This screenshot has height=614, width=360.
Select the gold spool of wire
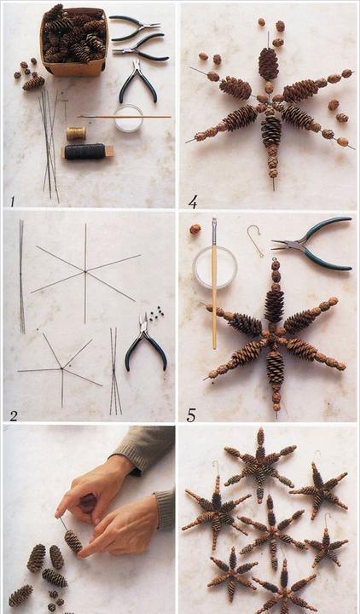[x=76, y=134]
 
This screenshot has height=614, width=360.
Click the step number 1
[x=13, y=201]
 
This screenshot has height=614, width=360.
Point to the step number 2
[x=14, y=416]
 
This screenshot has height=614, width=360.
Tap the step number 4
[x=192, y=201]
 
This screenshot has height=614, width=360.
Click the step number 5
[x=191, y=415]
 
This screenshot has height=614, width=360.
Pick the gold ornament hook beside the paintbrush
[x=255, y=240]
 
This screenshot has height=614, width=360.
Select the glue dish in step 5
[x=215, y=268]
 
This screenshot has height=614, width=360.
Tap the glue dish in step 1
[x=129, y=118]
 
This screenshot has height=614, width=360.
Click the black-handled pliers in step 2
[x=146, y=343]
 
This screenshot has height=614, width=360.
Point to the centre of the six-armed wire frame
[x=85, y=271]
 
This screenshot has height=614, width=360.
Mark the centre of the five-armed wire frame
[x=62, y=368]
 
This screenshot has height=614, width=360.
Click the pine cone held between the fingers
[x=73, y=541]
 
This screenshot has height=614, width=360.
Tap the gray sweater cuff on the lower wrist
[x=165, y=510]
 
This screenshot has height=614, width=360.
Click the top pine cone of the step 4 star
[x=269, y=63]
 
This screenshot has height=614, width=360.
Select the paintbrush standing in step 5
[x=214, y=283]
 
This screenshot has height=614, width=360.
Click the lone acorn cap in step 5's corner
[x=195, y=229]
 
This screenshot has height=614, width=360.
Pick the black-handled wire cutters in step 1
[x=138, y=82]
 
